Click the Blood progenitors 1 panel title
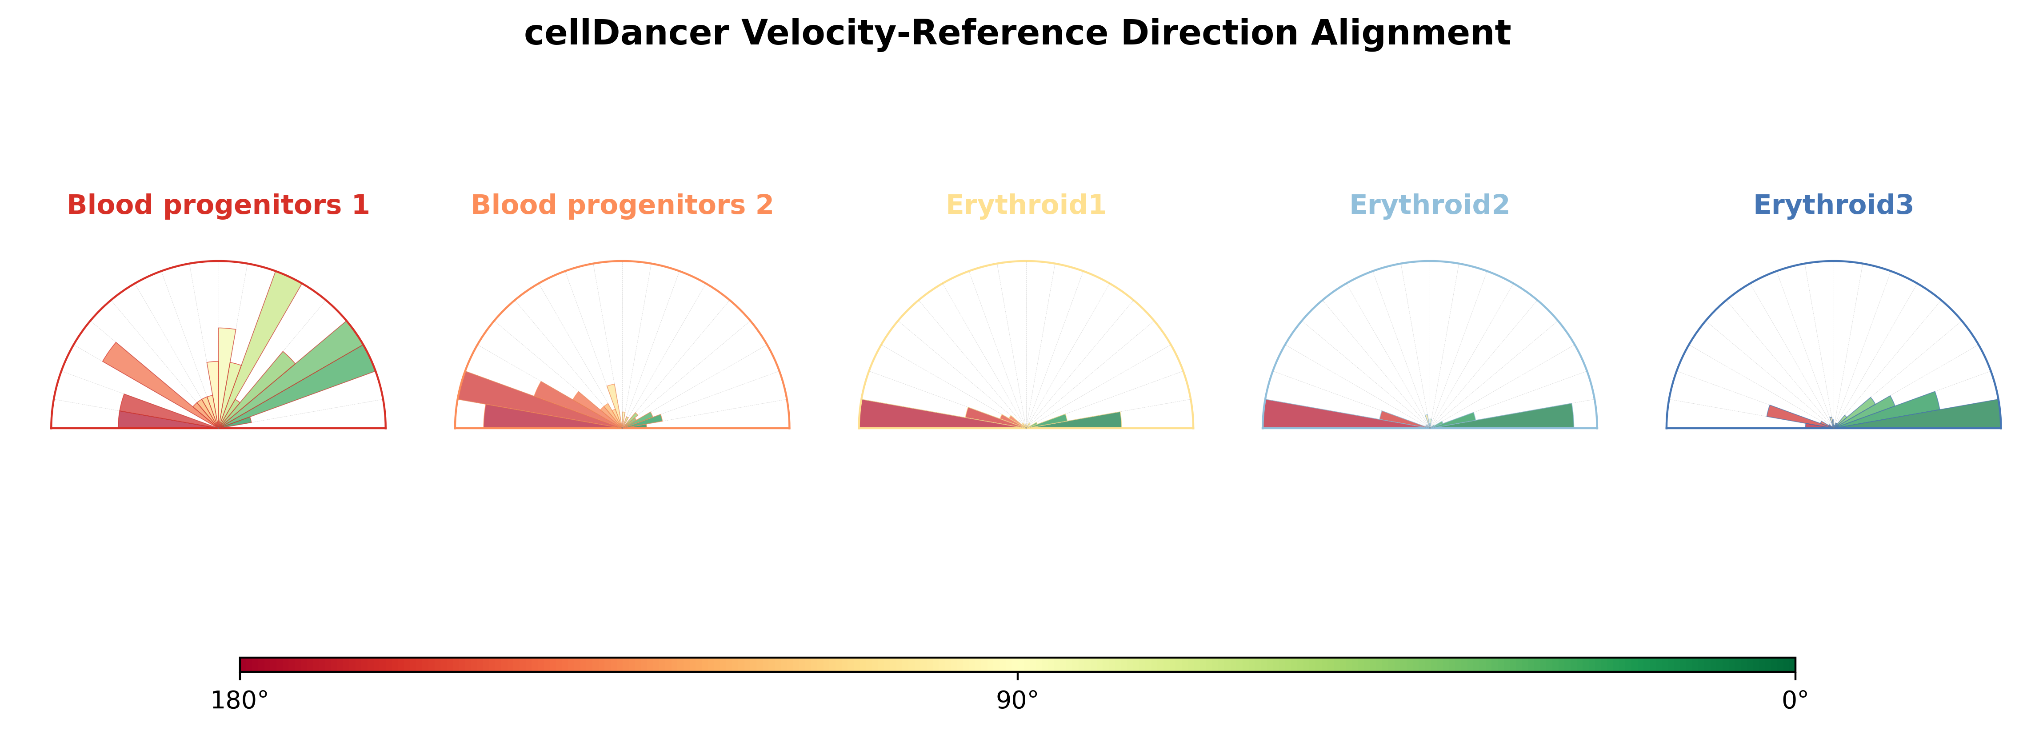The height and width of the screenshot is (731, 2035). click(x=218, y=205)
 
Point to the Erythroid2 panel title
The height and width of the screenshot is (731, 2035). click(x=1429, y=205)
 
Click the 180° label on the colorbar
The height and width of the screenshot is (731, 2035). click(x=240, y=701)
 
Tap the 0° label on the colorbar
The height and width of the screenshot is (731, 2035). click(x=1795, y=701)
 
